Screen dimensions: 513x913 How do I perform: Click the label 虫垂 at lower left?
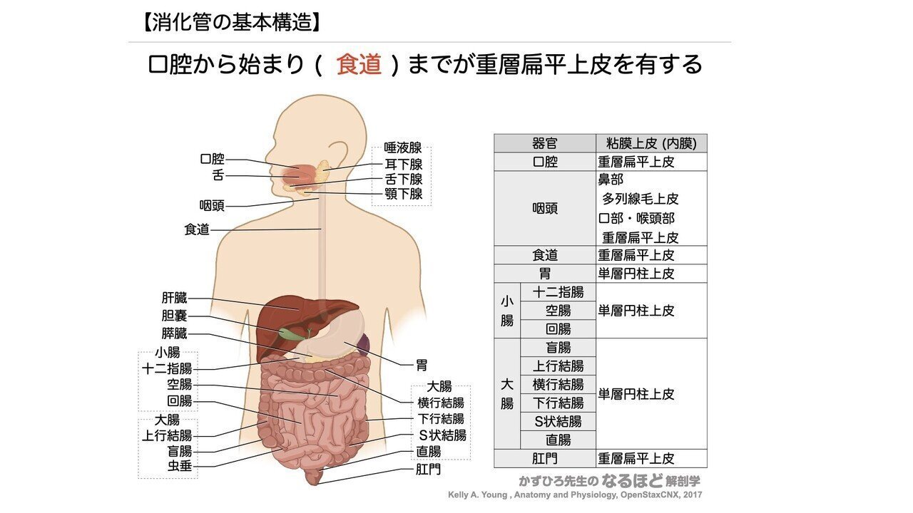(x=179, y=467)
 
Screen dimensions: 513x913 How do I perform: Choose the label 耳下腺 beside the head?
(x=404, y=164)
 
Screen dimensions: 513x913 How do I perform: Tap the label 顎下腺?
(x=404, y=194)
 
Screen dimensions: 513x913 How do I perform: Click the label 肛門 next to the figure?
(x=429, y=470)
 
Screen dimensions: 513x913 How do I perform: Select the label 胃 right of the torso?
(x=422, y=365)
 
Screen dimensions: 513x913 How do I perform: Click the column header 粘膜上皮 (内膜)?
(x=651, y=143)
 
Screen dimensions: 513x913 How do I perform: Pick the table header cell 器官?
(x=545, y=143)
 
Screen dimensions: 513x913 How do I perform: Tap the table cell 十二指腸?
(x=558, y=292)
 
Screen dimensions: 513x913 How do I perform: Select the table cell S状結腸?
(x=558, y=422)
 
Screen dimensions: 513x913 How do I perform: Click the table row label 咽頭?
(x=545, y=209)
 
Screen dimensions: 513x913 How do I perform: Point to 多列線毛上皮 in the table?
(x=640, y=199)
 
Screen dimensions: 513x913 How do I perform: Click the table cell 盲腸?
(x=558, y=348)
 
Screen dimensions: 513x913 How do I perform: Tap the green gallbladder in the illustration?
(x=290, y=333)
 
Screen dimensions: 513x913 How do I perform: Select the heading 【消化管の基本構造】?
(x=231, y=23)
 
